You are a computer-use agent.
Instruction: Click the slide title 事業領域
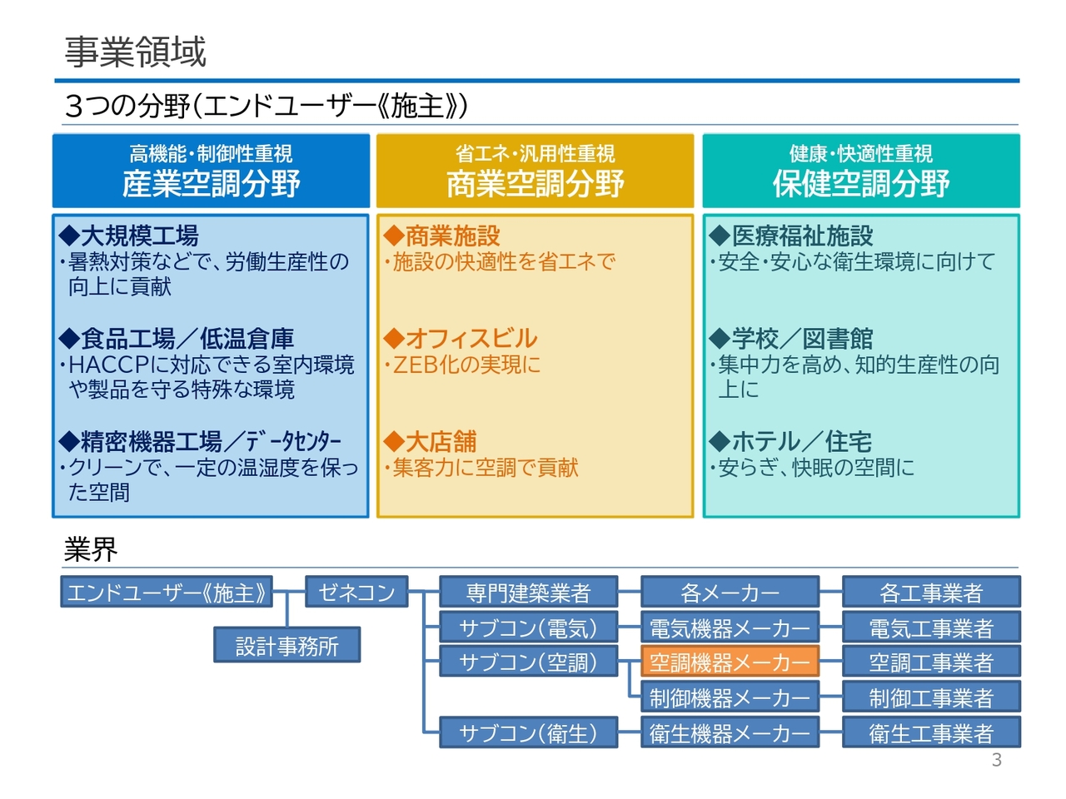click(135, 52)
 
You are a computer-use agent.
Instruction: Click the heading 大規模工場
click(139, 236)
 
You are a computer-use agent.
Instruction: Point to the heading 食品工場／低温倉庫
click(187, 339)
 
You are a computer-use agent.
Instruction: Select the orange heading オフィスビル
click(471, 339)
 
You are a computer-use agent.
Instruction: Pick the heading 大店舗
click(441, 441)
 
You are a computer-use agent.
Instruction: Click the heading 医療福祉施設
click(802, 236)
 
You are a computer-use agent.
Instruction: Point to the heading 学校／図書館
click(802, 339)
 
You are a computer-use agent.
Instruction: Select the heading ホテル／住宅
click(801, 441)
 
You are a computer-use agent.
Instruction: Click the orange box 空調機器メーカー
click(730, 661)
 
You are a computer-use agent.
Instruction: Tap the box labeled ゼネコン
click(356, 592)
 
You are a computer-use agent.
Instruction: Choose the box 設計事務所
click(287, 645)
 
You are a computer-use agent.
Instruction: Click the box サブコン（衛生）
click(528, 732)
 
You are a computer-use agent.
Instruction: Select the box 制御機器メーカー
click(730, 697)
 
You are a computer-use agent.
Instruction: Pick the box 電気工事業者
click(931, 627)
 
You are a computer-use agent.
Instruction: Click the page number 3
click(996, 760)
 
